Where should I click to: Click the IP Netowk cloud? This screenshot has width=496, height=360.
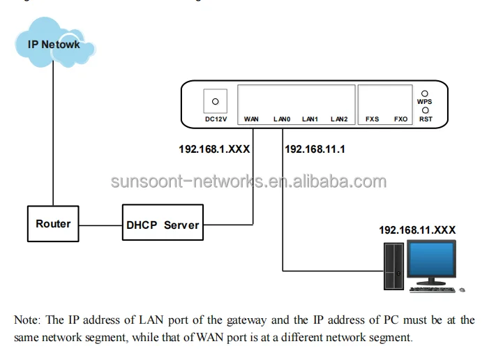[54, 45]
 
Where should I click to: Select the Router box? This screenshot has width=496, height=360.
[54, 224]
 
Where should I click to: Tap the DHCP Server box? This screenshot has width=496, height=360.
[163, 225]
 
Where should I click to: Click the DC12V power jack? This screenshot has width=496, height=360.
[214, 101]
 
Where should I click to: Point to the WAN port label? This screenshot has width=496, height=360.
[252, 119]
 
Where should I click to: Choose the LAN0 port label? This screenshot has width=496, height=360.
[281, 119]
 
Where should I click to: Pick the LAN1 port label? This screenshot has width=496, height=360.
[310, 119]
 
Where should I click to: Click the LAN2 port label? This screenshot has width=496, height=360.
[339, 119]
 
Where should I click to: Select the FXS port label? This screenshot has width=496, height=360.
[373, 119]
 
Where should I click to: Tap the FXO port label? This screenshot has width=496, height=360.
[400, 119]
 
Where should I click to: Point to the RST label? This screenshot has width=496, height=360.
[425, 119]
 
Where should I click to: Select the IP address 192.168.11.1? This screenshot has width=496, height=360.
[315, 149]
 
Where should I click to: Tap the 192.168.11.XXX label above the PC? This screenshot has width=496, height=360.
[419, 229]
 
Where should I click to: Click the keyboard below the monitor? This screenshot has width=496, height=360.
[432, 288]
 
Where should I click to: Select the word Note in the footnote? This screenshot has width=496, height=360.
[27, 320]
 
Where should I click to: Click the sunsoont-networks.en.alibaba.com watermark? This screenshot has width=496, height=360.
[248, 182]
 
